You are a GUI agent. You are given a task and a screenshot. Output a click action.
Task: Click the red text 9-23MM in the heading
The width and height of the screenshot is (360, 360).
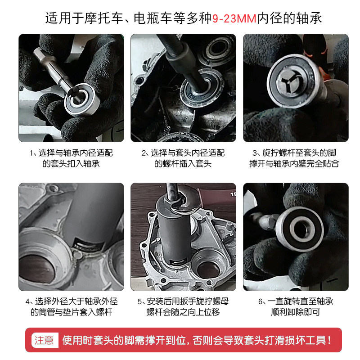pyautogui.click(x=234, y=18)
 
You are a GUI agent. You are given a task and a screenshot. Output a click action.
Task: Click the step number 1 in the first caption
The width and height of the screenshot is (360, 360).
pyautogui.click(x=31, y=153)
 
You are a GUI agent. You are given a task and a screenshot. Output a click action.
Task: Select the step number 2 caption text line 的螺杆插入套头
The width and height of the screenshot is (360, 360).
pyautogui.click(x=183, y=164)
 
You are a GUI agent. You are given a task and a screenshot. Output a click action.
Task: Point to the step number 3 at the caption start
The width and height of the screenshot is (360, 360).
pyautogui.click(x=255, y=153)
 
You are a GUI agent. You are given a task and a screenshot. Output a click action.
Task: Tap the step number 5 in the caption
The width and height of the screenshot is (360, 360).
pyautogui.click(x=140, y=301)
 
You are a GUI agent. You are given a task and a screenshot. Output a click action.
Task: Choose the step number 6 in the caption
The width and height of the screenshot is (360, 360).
pyautogui.click(x=261, y=301)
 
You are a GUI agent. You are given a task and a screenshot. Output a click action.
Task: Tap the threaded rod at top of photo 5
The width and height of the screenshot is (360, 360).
pyautogui.click(x=172, y=191)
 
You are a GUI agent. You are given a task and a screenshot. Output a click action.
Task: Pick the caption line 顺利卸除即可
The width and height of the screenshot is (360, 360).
pyautogui.click(x=296, y=312)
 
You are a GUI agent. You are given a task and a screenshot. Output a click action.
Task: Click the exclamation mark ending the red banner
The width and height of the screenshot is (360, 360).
pyautogui.click(x=330, y=340)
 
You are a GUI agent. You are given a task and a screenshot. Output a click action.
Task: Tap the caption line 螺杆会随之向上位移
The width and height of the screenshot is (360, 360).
pyautogui.click(x=183, y=312)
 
